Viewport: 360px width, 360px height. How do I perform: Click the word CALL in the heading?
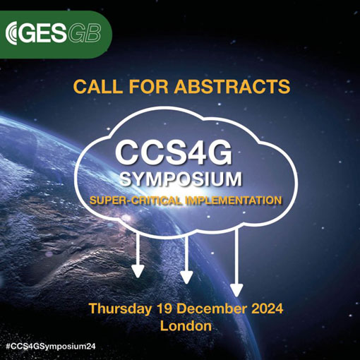coord(98,86)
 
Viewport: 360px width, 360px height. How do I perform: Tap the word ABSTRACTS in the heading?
coord(232,86)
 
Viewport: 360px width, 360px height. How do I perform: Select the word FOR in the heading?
coord(148,86)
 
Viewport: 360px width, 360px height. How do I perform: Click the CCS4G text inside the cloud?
coord(174,154)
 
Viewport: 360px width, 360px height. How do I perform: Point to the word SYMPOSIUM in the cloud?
coord(181,179)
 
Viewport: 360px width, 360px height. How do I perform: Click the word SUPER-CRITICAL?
coord(136,200)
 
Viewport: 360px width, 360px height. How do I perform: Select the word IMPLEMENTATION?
coord(234,200)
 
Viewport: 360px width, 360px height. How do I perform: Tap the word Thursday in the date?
coord(120,308)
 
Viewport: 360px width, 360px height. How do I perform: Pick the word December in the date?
coord(212,308)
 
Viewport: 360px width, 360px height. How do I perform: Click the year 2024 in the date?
coord(267,308)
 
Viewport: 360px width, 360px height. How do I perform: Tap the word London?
coord(186,326)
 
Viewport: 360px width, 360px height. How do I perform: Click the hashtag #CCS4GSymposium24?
coord(50,347)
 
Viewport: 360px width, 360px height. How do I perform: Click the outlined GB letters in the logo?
coord(84,33)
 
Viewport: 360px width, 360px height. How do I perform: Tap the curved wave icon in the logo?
coord(11,33)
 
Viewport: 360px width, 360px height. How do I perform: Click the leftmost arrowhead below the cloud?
coord(138,271)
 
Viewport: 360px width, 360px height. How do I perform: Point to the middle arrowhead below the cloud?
coord(186,277)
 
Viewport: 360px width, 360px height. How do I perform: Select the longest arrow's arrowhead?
coord(236,290)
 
